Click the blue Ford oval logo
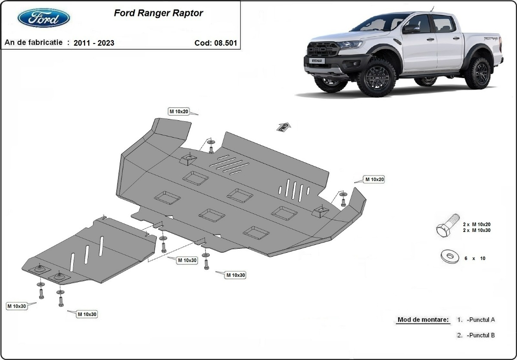point(44,18)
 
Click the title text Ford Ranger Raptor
point(158,13)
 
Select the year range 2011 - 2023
point(94,43)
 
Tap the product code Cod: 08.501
point(215,43)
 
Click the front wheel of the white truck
point(376,77)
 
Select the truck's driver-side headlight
point(350,44)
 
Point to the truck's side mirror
point(411,29)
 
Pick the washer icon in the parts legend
point(449,257)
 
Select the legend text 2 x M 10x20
point(477,224)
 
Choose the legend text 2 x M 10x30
point(477,230)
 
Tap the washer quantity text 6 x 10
point(474,258)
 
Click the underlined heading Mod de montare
point(423,319)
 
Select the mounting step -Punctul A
point(480,319)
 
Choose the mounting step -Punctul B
point(480,335)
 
